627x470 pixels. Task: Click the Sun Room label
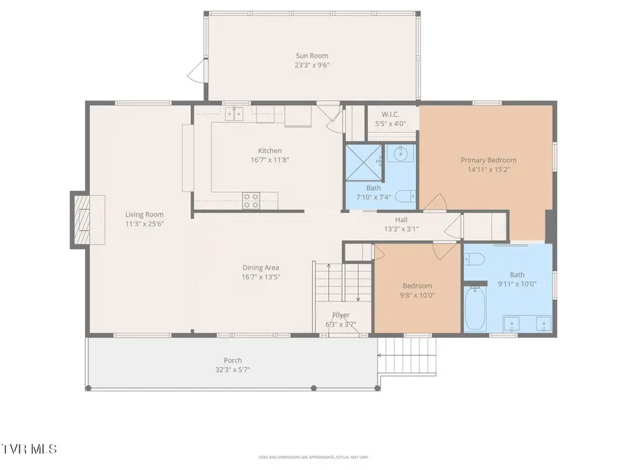click(x=311, y=56)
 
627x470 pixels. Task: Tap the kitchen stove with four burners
click(x=251, y=201)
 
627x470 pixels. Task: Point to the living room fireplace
click(x=83, y=219)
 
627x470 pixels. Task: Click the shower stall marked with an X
click(x=364, y=162)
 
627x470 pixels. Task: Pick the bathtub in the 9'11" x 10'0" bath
click(x=477, y=309)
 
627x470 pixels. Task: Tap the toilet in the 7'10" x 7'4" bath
click(x=405, y=197)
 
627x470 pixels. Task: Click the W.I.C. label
click(x=391, y=114)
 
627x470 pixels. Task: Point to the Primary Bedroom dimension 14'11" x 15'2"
click(x=488, y=169)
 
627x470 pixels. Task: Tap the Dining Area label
click(x=261, y=267)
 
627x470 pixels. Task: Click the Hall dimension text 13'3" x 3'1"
click(x=401, y=228)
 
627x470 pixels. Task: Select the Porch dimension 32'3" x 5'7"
click(x=233, y=370)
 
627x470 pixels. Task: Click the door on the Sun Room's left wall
click(x=196, y=70)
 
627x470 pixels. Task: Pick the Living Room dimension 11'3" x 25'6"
click(x=144, y=224)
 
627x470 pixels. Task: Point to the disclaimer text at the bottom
click(x=313, y=457)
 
